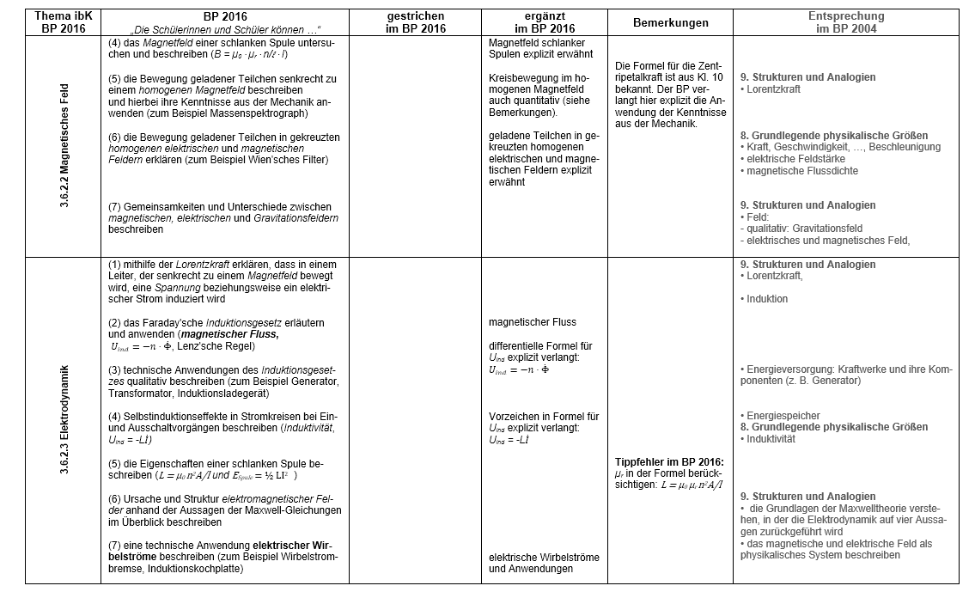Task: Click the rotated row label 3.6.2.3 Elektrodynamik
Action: pyautogui.click(x=64, y=421)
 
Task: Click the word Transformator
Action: pyautogui.click(x=141, y=393)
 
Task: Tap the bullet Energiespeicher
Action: pyautogui.click(x=783, y=416)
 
